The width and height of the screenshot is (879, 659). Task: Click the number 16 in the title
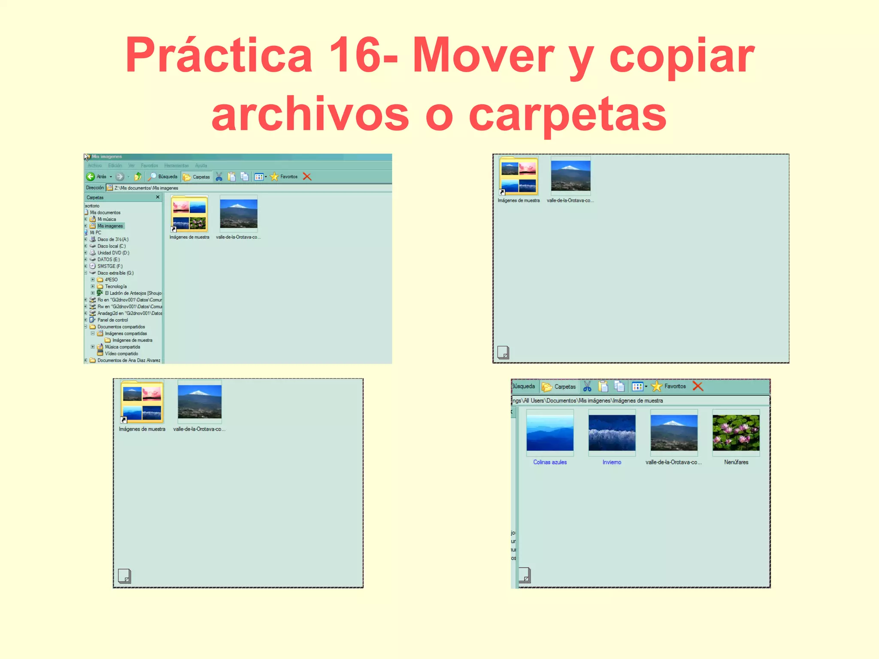pos(354,56)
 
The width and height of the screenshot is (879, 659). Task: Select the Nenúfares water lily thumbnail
pos(736,432)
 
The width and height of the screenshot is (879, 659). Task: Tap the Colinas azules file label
pos(550,462)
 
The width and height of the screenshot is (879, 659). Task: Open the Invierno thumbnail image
pos(612,432)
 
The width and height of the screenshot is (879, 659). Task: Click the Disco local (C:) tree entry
pos(111,246)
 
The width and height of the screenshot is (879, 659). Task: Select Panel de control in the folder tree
pos(112,320)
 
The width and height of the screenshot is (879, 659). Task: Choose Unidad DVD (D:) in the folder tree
pos(113,253)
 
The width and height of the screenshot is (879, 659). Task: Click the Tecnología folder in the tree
pos(115,287)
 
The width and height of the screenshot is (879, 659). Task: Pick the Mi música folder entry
pos(106,219)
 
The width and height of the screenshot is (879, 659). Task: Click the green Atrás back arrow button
pos(91,177)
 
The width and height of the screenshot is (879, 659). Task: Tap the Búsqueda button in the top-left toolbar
pos(163,177)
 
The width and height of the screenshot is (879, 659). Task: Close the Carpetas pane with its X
pos(158,197)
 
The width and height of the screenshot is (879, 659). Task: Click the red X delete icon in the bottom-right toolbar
pos(698,387)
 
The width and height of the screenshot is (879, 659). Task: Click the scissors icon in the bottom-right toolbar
pos(587,387)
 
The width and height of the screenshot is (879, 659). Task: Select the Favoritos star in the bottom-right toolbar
pos(657,387)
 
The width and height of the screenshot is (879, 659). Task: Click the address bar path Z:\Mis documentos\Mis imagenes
pos(146,188)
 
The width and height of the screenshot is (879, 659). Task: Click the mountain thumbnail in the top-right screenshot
pos(570,176)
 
